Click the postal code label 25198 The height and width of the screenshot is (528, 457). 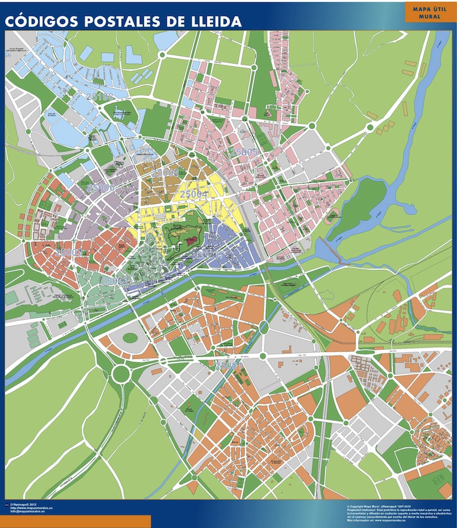pyautogui.click(x=101, y=97)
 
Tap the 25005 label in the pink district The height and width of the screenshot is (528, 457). pyautogui.click(x=244, y=152)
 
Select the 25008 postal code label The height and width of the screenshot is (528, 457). pyautogui.click(x=165, y=172)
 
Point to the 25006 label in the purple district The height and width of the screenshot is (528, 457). pyautogui.click(x=102, y=187)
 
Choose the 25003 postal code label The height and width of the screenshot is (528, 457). pyautogui.click(x=69, y=252)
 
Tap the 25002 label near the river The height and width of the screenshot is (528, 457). pyautogui.click(x=114, y=281)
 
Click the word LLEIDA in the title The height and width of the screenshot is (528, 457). pyautogui.click(x=212, y=22)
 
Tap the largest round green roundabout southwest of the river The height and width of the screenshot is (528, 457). pyautogui.click(x=121, y=374)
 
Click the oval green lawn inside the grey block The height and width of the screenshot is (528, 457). pyautogui.click(x=130, y=338)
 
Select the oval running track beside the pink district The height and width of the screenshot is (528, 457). pyautogui.click(x=331, y=216)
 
